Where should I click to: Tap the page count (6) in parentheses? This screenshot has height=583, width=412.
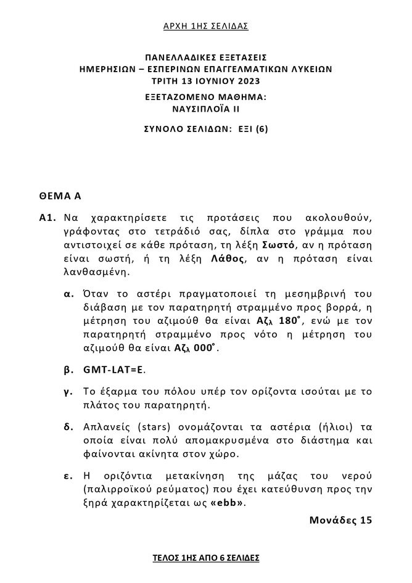[x=262, y=129]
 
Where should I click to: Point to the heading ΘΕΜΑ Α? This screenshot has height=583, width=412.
[x=60, y=197]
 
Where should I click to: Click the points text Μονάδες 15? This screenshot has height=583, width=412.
[x=340, y=520]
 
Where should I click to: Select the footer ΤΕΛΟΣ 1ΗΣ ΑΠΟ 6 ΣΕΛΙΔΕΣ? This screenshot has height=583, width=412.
[x=206, y=558]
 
